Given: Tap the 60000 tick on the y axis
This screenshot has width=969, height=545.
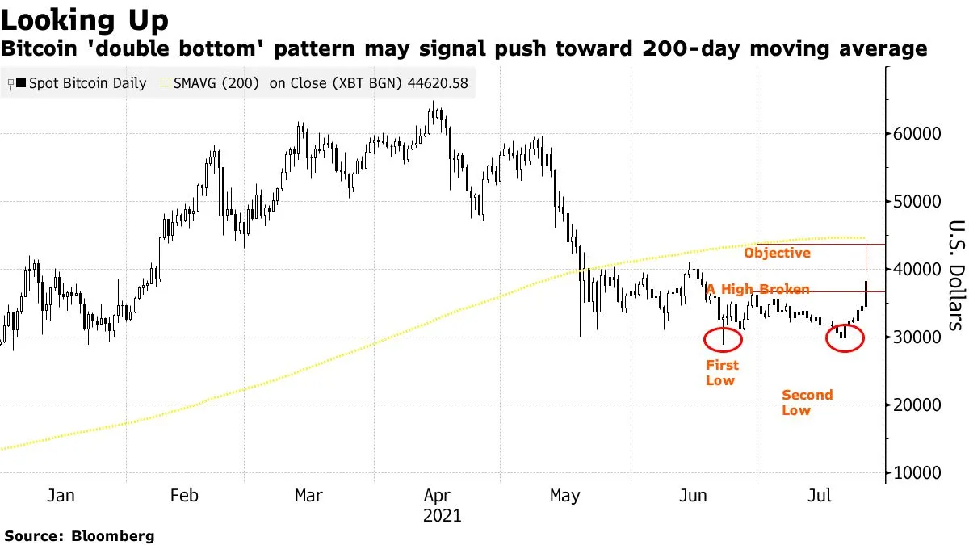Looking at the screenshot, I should pyautogui.click(x=917, y=133).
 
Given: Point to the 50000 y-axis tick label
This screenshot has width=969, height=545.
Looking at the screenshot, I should pyautogui.click(x=917, y=201).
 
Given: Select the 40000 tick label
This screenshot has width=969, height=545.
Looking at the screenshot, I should pyautogui.click(x=917, y=269).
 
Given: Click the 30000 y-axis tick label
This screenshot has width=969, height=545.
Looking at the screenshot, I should pyautogui.click(x=917, y=337).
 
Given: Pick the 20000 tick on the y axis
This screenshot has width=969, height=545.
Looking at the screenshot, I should pyautogui.click(x=917, y=405).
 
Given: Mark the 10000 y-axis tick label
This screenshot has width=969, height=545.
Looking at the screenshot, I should pyautogui.click(x=917, y=472).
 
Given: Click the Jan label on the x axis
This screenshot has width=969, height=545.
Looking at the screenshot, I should pyautogui.click(x=61, y=495).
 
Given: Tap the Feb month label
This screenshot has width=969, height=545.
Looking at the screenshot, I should pyautogui.click(x=185, y=495).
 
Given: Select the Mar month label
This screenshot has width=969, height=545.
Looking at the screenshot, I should pyautogui.click(x=308, y=495).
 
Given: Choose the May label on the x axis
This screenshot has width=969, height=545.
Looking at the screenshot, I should pyautogui.click(x=564, y=495).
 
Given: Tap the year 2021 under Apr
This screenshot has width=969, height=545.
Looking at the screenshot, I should pyautogui.click(x=443, y=515).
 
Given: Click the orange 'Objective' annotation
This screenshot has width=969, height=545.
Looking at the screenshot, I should pyautogui.click(x=777, y=254).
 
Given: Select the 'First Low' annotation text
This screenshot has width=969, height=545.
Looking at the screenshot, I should pyautogui.click(x=721, y=372).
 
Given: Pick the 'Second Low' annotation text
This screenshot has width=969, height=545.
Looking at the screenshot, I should pyautogui.click(x=806, y=402).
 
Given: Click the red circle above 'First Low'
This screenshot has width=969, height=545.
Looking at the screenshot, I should pyautogui.click(x=723, y=340).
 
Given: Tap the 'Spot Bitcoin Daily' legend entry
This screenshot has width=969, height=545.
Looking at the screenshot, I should pyautogui.click(x=81, y=83).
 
